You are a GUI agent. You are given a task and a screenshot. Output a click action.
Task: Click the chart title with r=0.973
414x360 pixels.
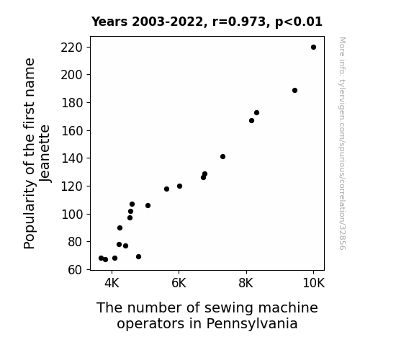tap(207, 22)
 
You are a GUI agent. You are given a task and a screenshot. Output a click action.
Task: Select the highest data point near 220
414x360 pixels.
tap(313, 48)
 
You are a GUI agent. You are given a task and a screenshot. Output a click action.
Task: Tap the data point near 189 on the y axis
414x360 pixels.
tap(295, 90)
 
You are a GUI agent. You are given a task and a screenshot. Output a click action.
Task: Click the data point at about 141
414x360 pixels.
tap(223, 157)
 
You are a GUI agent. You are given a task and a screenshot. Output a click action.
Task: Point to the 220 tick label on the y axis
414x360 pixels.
tap(71, 48)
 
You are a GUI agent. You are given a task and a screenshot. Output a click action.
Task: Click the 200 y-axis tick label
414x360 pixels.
tap(71, 75)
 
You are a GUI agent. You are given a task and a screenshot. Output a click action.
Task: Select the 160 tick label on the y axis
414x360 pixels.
tap(71, 131)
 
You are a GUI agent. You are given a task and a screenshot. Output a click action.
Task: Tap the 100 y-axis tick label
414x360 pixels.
tap(71, 215)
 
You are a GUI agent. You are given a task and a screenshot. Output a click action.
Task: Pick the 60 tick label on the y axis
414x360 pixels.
tap(75, 270)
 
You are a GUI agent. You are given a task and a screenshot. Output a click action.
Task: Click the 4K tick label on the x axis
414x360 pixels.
tap(112, 283)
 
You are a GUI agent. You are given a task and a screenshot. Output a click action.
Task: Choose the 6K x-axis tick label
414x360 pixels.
tap(179, 283)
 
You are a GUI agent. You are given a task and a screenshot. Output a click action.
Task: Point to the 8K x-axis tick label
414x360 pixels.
tap(246, 283)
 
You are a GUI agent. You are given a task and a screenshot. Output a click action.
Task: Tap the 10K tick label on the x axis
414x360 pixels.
tap(313, 283)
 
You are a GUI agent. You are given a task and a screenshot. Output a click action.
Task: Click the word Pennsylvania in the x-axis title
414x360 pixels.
tap(252, 324)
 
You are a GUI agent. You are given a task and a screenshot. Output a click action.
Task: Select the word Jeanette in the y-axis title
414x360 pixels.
tap(45, 153)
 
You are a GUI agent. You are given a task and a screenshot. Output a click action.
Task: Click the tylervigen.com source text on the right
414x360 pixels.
tap(342, 143)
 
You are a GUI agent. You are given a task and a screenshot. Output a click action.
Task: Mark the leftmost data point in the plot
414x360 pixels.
tap(101, 258)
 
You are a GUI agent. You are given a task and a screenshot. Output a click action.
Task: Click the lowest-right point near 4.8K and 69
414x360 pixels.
tap(139, 257)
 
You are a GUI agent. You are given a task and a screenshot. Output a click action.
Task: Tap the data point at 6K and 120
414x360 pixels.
tap(179, 186)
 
